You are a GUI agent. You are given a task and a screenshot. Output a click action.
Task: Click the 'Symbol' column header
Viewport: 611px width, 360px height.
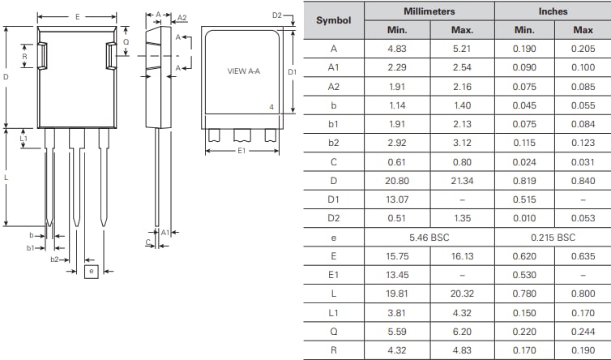click(x=333, y=20)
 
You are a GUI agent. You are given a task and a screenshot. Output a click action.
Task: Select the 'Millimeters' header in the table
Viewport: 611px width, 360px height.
click(x=429, y=11)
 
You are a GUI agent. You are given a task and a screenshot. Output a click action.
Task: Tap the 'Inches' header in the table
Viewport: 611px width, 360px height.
click(x=553, y=11)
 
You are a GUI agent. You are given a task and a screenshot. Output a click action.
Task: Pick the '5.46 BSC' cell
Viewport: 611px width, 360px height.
click(x=429, y=237)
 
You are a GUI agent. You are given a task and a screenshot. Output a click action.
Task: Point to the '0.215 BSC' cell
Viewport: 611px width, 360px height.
click(x=553, y=237)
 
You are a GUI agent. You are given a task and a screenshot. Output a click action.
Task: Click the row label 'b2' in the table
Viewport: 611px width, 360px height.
click(x=333, y=142)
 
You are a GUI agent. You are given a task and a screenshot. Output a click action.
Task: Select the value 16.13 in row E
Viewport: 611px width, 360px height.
click(x=461, y=255)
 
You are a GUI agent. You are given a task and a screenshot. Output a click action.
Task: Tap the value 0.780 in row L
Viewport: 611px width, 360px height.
click(x=524, y=294)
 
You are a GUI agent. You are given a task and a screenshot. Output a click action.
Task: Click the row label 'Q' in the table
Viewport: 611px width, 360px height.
click(x=333, y=331)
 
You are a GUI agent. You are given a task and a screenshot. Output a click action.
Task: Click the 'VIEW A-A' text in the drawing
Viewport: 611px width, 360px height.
click(x=243, y=71)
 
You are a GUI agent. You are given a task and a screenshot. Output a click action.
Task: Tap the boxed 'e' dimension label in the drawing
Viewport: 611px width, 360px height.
click(x=91, y=271)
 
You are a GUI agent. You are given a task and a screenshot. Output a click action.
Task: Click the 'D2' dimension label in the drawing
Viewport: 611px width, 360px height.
click(x=276, y=15)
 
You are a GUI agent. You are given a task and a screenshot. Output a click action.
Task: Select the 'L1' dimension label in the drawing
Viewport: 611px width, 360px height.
click(x=23, y=139)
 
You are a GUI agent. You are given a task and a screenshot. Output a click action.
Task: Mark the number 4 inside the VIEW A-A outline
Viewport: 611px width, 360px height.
click(x=271, y=107)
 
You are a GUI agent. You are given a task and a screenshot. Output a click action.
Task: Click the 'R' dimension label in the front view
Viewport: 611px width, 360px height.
click(x=24, y=57)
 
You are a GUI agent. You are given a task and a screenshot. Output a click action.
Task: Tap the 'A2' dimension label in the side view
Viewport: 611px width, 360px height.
click(x=182, y=18)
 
